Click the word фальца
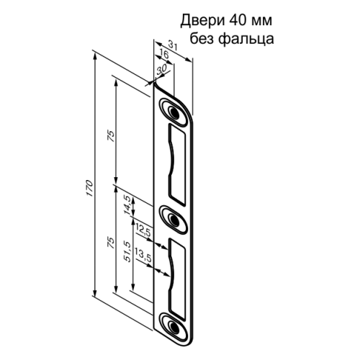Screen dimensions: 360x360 point(248,38)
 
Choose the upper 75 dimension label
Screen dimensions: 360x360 point(110,137)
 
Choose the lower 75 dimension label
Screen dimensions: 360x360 point(110,243)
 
